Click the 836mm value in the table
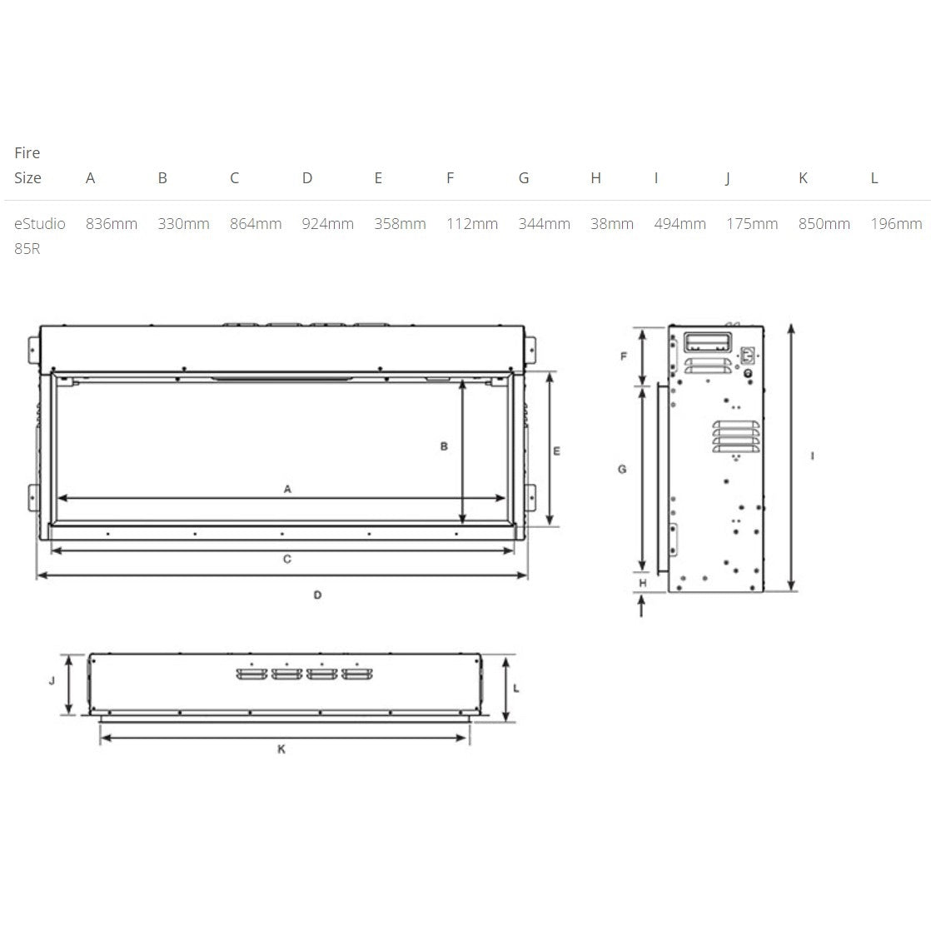112,224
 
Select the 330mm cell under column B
183,224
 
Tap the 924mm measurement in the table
327,224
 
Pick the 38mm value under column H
612,224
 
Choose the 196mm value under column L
896,224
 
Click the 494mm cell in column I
680,224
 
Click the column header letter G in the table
524,178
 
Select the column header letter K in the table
803,178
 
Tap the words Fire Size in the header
27,165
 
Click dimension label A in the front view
287,489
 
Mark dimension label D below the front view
318,595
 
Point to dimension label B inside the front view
444,446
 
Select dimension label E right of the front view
556,451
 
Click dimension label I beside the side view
813,456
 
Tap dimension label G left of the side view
622,470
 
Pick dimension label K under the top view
281,749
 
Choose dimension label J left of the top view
52,680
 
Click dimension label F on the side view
624,356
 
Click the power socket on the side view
746,356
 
